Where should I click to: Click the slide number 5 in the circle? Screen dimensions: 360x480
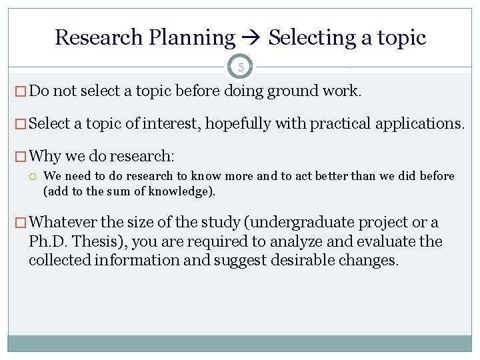coord(240,67)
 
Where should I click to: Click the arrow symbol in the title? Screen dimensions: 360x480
coord(252,38)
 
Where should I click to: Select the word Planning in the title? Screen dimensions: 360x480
coord(192,38)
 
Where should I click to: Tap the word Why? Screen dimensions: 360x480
coord(45,157)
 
